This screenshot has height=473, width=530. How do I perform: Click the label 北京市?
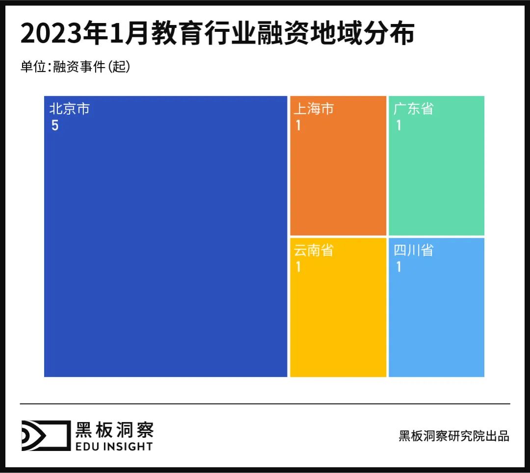pyautogui.click(x=69, y=109)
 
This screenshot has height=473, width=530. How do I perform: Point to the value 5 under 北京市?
pyautogui.click(x=55, y=126)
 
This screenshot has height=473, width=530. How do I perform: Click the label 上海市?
pyautogui.click(x=314, y=109)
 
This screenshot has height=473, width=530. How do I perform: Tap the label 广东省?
pyautogui.click(x=414, y=109)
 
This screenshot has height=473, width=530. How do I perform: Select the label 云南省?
pyautogui.click(x=314, y=250)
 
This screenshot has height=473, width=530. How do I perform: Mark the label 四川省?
pyautogui.click(x=414, y=250)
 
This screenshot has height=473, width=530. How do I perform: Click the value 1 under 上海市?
pyautogui.click(x=298, y=126)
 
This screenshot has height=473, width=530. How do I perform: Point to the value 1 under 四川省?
pyautogui.click(x=398, y=268)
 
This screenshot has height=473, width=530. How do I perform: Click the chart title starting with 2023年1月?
pyautogui.click(x=217, y=34)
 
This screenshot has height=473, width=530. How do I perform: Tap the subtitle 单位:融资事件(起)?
pyautogui.click(x=75, y=67)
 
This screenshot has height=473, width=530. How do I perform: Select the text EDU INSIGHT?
pyautogui.click(x=114, y=446)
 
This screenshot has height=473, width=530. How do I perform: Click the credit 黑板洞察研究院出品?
pyautogui.click(x=454, y=436)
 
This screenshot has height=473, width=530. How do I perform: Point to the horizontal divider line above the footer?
pyautogui.click(x=265, y=404)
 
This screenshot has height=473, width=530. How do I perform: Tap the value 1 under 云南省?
pyautogui.click(x=298, y=268)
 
